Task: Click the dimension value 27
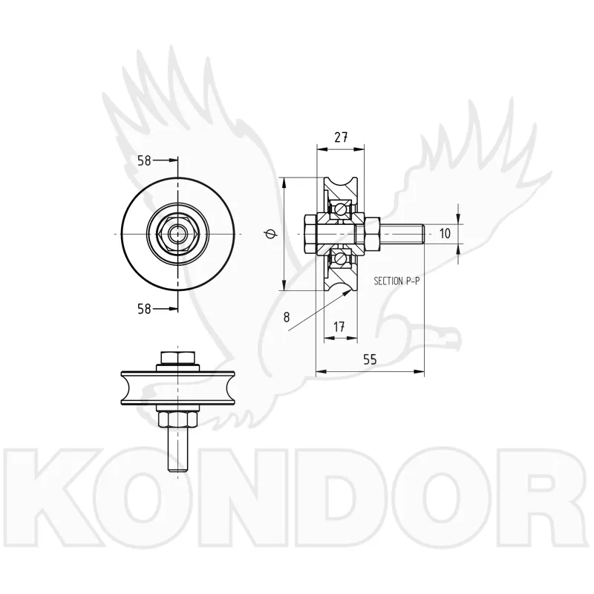[x=341, y=137]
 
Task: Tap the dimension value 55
[x=370, y=359]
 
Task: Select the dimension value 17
[x=339, y=327]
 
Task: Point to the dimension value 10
[x=445, y=233]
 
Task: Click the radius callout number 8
[x=287, y=317]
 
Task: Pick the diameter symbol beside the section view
[x=270, y=235]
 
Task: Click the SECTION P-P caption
[x=396, y=281]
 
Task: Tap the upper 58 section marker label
[x=144, y=161]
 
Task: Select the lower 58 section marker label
[x=144, y=309]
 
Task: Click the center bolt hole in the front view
[x=177, y=234]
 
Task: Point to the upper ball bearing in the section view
[x=342, y=209]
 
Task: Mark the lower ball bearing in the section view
[x=342, y=259]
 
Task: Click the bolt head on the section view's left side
[x=310, y=234]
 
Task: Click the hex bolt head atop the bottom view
[x=177, y=358]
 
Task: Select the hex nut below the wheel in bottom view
[x=177, y=420]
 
